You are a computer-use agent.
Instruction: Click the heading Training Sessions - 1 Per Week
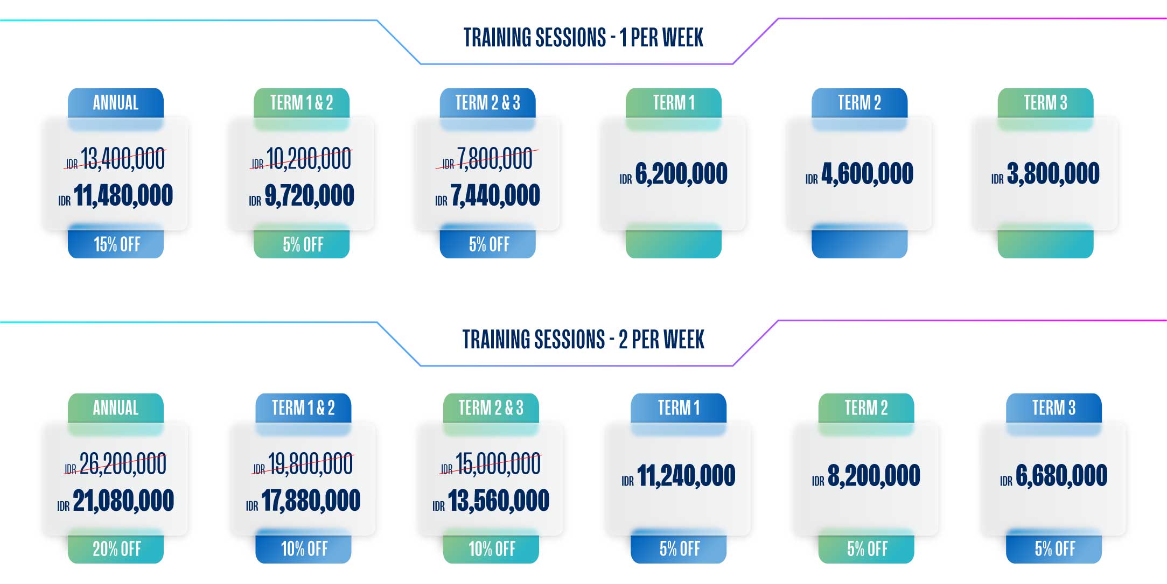(x=583, y=38)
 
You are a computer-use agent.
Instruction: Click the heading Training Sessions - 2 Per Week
(x=583, y=340)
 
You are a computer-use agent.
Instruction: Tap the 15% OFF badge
(x=116, y=244)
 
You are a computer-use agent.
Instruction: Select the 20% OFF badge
(x=116, y=549)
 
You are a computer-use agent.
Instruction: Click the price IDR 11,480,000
(x=115, y=195)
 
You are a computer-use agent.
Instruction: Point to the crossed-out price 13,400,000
(x=122, y=159)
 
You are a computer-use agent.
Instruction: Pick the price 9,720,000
(x=309, y=195)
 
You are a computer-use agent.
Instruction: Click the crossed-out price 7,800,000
(x=494, y=159)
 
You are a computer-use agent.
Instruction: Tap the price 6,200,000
(x=681, y=174)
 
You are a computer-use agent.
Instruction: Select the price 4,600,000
(x=867, y=174)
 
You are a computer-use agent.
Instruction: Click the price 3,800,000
(x=1053, y=174)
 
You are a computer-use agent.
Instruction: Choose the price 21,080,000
(x=123, y=501)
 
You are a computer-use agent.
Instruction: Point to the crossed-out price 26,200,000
(x=123, y=464)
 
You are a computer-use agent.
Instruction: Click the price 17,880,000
(x=311, y=501)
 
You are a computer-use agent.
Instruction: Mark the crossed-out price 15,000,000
(x=498, y=464)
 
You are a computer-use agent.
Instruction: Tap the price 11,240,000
(x=686, y=476)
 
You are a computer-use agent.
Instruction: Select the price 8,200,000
(x=873, y=476)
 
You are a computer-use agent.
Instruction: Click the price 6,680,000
(x=1061, y=476)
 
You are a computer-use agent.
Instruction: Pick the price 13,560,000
(x=499, y=501)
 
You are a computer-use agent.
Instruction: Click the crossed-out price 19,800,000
(x=310, y=464)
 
